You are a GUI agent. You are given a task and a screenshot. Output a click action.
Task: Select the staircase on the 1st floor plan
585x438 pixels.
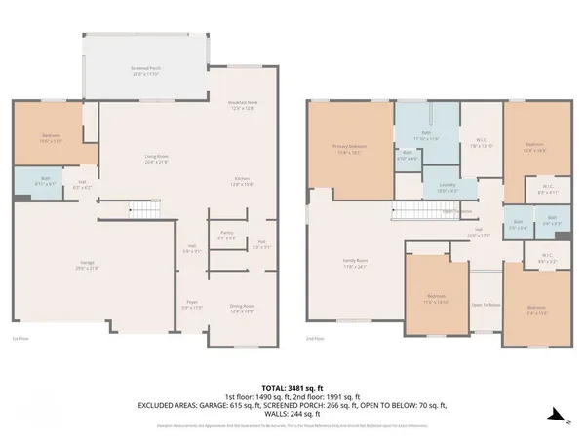pyautogui.click(x=142, y=209)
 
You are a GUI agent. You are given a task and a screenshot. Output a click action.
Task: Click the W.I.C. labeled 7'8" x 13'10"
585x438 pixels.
pyautogui.click(x=476, y=144)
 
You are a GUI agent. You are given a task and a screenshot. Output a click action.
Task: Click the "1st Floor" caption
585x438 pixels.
pyautogui.click(x=19, y=338)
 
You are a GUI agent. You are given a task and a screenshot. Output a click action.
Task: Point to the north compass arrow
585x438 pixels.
pyautogui.click(x=556, y=415)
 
